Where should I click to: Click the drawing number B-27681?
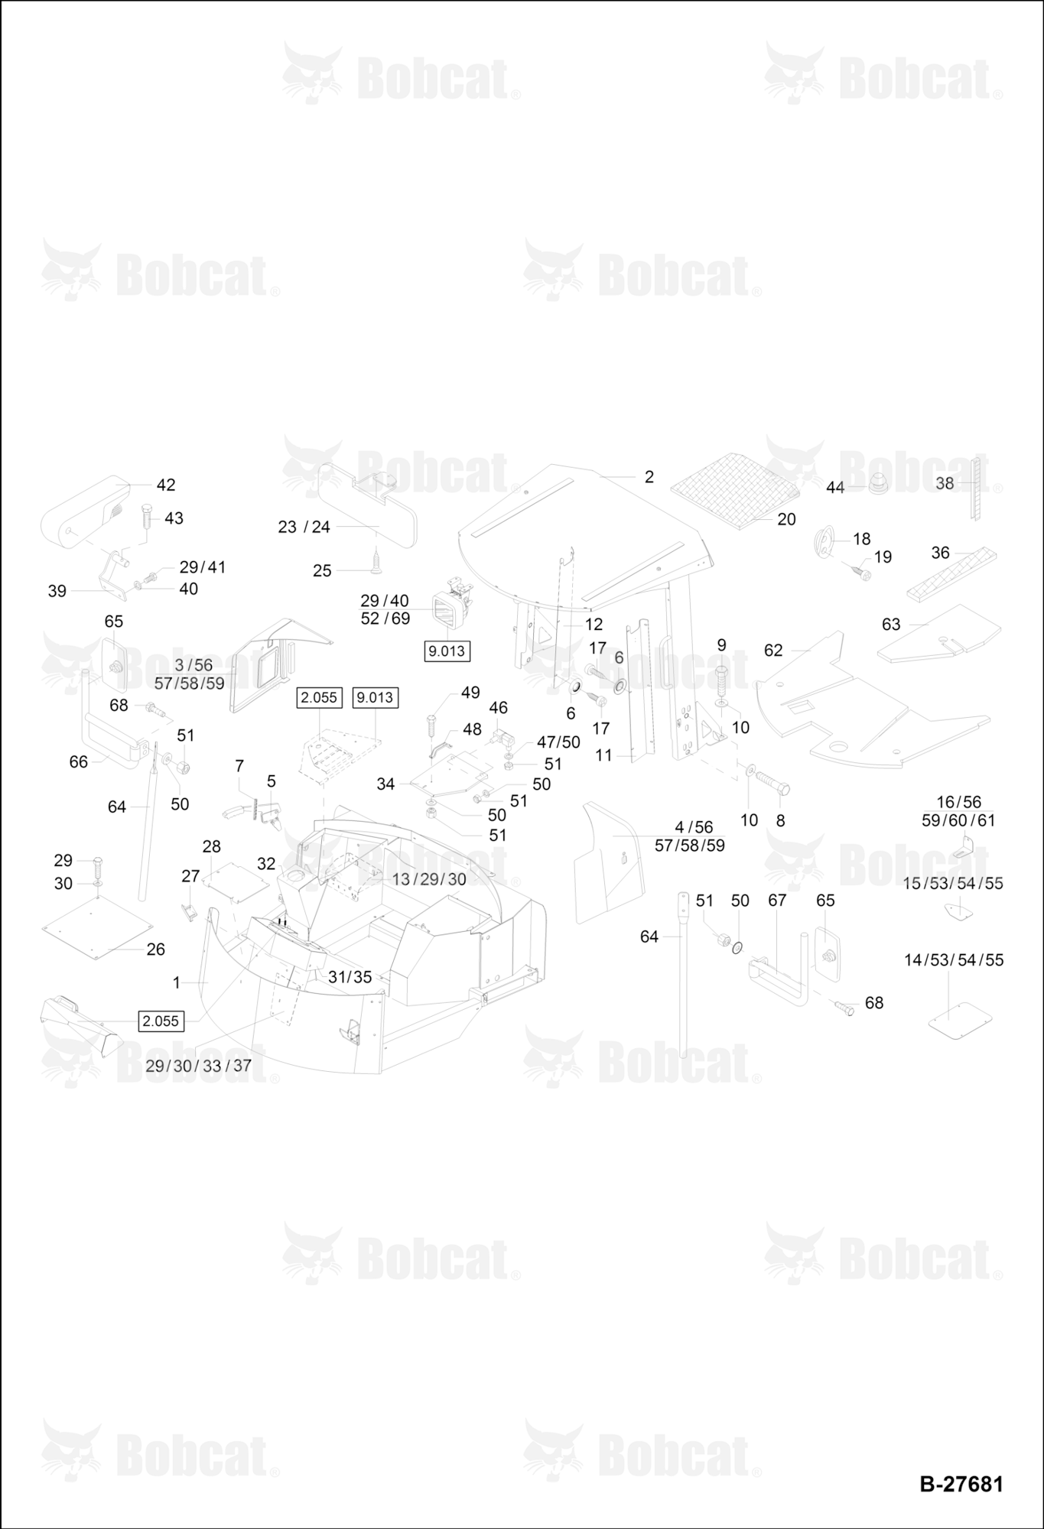(x=961, y=1484)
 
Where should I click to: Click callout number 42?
(x=166, y=485)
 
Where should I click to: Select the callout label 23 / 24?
(x=304, y=527)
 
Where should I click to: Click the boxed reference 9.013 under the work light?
(x=447, y=651)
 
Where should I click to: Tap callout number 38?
(x=945, y=483)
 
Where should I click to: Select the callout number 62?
(x=773, y=650)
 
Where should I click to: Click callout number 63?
(x=891, y=624)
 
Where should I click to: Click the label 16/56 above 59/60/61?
(x=959, y=802)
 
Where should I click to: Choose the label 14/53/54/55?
(x=954, y=959)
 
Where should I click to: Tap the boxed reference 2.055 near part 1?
(x=161, y=1021)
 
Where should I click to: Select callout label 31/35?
(x=350, y=977)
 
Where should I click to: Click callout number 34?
(x=385, y=784)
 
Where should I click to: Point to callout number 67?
(x=777, y=900)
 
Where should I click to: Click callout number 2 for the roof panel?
(x=649, y=476)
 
